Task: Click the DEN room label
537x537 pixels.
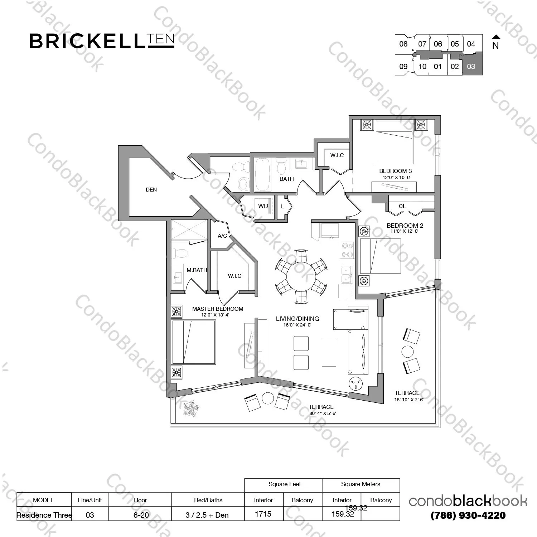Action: (151, 190)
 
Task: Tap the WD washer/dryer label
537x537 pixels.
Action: (263, 206)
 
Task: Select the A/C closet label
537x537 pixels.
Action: (222, 236)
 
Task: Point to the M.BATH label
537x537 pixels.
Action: (197, 270)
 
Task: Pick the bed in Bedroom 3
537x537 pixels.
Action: (394, 142)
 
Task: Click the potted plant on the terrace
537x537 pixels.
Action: (191, 408)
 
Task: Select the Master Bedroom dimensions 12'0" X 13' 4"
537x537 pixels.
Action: (215, 315)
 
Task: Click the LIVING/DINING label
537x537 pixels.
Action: (297, 319)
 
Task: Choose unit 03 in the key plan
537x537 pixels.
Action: (471, 66)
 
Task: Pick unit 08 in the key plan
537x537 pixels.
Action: (403, 44)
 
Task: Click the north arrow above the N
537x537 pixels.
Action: (496, 37)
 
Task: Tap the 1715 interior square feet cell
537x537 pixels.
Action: (263, 514)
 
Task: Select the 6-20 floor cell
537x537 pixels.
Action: (141, 515)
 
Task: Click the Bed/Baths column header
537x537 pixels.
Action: (208, 500)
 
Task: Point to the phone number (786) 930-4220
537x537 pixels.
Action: (468, 516)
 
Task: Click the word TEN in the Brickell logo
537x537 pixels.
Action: (160, 39)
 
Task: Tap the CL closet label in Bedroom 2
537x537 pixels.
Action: (402, 206)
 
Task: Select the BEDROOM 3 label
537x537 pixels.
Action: (396, 171)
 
